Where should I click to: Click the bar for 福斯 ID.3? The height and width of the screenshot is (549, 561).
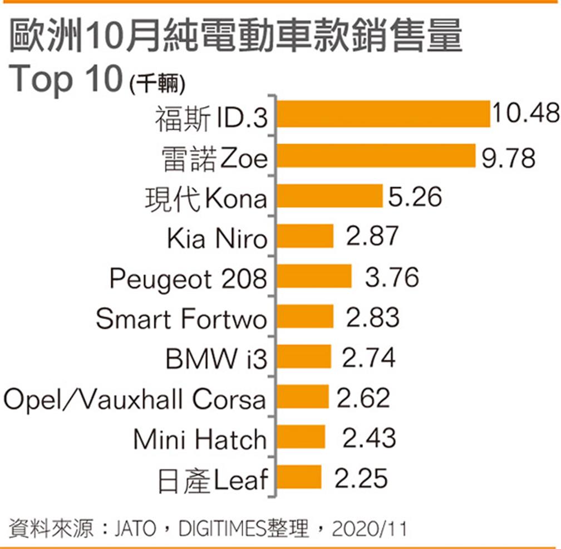click(383, 114)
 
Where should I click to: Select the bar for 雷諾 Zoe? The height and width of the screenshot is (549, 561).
click(376, 156)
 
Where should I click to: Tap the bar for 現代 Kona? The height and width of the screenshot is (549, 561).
click(329, 196)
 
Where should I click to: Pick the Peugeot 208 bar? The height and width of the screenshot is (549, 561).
click(314, 277)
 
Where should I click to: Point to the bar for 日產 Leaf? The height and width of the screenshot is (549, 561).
click(299, 477)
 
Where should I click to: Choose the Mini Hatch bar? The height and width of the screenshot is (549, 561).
click(301, 437)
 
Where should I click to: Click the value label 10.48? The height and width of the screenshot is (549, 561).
click(525, 115)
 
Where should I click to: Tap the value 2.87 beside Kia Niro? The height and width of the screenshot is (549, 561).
click(372, 237)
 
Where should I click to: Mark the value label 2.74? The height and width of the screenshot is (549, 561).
click(368, 357)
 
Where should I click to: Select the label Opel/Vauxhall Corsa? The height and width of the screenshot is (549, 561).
click(135, 399)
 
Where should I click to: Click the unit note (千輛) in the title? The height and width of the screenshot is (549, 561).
click(157, 85)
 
